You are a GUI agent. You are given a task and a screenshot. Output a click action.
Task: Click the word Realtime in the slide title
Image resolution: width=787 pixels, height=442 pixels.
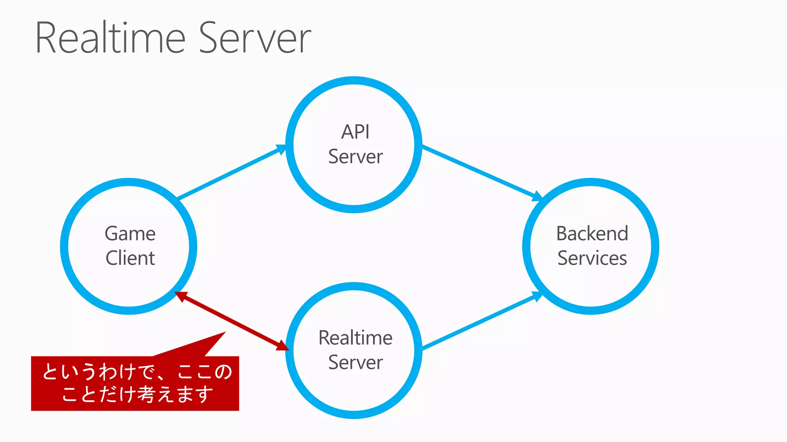pos(111,38)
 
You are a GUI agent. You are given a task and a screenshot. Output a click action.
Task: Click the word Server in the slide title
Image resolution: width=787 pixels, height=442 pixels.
pos(255,38)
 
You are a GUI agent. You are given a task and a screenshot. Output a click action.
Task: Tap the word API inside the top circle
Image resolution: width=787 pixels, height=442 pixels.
pos(355,132)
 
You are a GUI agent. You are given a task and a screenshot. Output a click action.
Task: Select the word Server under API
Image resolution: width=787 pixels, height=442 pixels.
pos(355,157)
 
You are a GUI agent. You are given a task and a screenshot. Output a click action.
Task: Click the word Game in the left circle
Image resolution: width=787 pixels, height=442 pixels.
pos(130,234)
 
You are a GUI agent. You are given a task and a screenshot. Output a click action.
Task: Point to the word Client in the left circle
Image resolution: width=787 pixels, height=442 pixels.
pos(130,258)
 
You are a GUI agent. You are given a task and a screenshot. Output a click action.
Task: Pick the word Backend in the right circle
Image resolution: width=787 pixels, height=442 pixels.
pos(592,234)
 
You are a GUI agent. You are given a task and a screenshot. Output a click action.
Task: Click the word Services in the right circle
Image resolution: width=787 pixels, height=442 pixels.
pos(592,258)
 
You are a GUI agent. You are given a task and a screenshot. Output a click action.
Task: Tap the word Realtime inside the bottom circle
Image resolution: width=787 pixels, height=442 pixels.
pos(355,338)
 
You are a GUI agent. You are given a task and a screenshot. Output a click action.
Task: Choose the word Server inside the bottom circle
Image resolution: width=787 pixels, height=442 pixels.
pos(355,363)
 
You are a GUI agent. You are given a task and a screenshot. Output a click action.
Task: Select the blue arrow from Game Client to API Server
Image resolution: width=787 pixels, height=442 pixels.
pos(231,173)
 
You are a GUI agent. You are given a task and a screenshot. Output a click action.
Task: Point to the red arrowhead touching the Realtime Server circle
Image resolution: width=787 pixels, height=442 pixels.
pos(282,345)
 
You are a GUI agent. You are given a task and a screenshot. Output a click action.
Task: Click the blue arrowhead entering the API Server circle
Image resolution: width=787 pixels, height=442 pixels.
pos(281,148)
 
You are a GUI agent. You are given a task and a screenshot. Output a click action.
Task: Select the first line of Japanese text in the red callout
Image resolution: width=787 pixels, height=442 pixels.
pos(137,372)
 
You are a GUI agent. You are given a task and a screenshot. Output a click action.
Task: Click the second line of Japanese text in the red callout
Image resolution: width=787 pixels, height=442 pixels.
pos(137,394)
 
